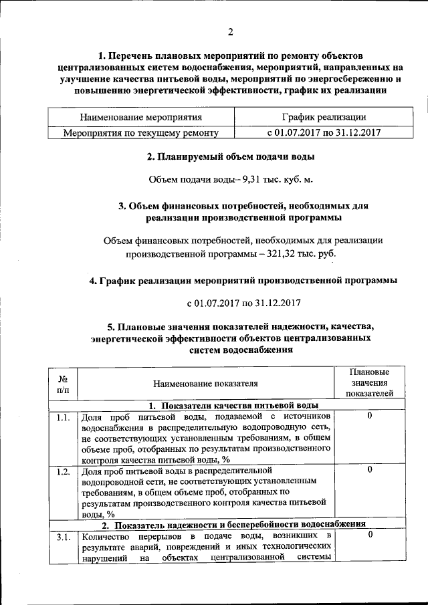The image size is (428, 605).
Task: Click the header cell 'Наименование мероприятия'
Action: point(140,117)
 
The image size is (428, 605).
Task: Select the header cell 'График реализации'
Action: point(324,117)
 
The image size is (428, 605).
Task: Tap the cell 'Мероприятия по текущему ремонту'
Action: point(140,132)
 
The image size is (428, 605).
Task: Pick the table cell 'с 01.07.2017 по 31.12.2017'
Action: point(324,132)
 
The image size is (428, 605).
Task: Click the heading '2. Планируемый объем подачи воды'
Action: point(231,157)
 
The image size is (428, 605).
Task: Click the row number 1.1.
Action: point(63,417)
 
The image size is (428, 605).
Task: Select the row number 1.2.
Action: point(63,471)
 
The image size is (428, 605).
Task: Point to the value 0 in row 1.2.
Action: point(370,470)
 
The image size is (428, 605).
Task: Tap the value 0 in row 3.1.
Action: point(370,535)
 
